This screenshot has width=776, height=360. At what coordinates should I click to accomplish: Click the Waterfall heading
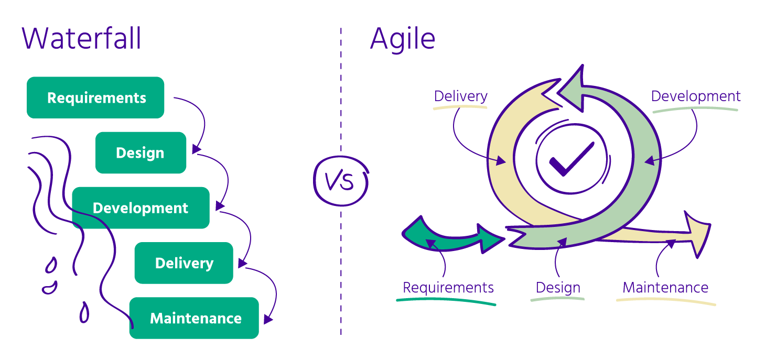click(82, 39)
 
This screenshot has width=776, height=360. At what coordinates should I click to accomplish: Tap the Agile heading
click(403, 39)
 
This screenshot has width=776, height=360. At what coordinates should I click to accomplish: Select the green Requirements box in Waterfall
click(95, 97)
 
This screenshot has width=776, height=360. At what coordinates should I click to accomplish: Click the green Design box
click(141, 152)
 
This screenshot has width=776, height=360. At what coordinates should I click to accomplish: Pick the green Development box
click(141, 208)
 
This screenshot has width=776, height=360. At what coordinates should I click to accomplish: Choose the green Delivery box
click(184, 263)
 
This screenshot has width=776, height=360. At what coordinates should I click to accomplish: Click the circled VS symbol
click(340, 180)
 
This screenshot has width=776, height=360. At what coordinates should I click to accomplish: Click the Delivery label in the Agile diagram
click(461, 96)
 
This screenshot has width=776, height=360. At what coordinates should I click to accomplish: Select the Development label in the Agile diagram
click(696, 96)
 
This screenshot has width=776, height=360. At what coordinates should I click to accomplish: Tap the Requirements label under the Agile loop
click(448, 288)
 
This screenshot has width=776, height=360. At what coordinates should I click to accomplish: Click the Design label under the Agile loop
click(558, 288)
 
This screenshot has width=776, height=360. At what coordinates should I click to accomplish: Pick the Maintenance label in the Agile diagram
click(665, 288)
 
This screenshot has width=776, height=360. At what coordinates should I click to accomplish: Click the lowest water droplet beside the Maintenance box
click(84, 313)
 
